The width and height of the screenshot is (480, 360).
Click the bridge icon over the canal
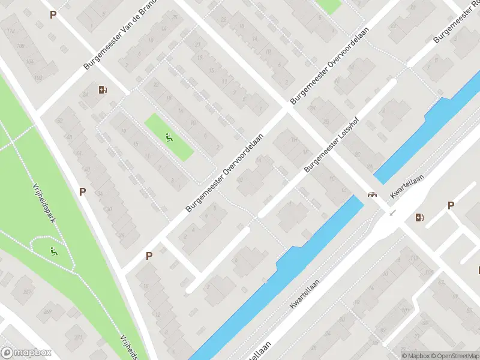[x=373, y=194]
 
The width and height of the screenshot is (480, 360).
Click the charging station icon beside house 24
[x=103, y=90]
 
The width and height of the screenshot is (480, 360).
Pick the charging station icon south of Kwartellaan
[x=420, y=217]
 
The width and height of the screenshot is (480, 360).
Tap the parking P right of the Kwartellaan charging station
[x=451, y=206]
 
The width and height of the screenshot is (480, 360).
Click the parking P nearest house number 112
[x=53, y=14]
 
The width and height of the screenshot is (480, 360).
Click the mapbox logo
[x=26, y=353]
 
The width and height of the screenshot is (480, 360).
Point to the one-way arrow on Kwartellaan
[x=393, y=212]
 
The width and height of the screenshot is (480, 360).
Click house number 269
[x=48, y=312]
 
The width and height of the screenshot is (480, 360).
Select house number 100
[x=39, y=78]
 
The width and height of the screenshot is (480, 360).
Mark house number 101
[x=406, y=311]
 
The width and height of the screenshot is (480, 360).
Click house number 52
[x=60, y=120]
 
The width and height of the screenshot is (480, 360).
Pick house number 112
[x=11, y=31]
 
